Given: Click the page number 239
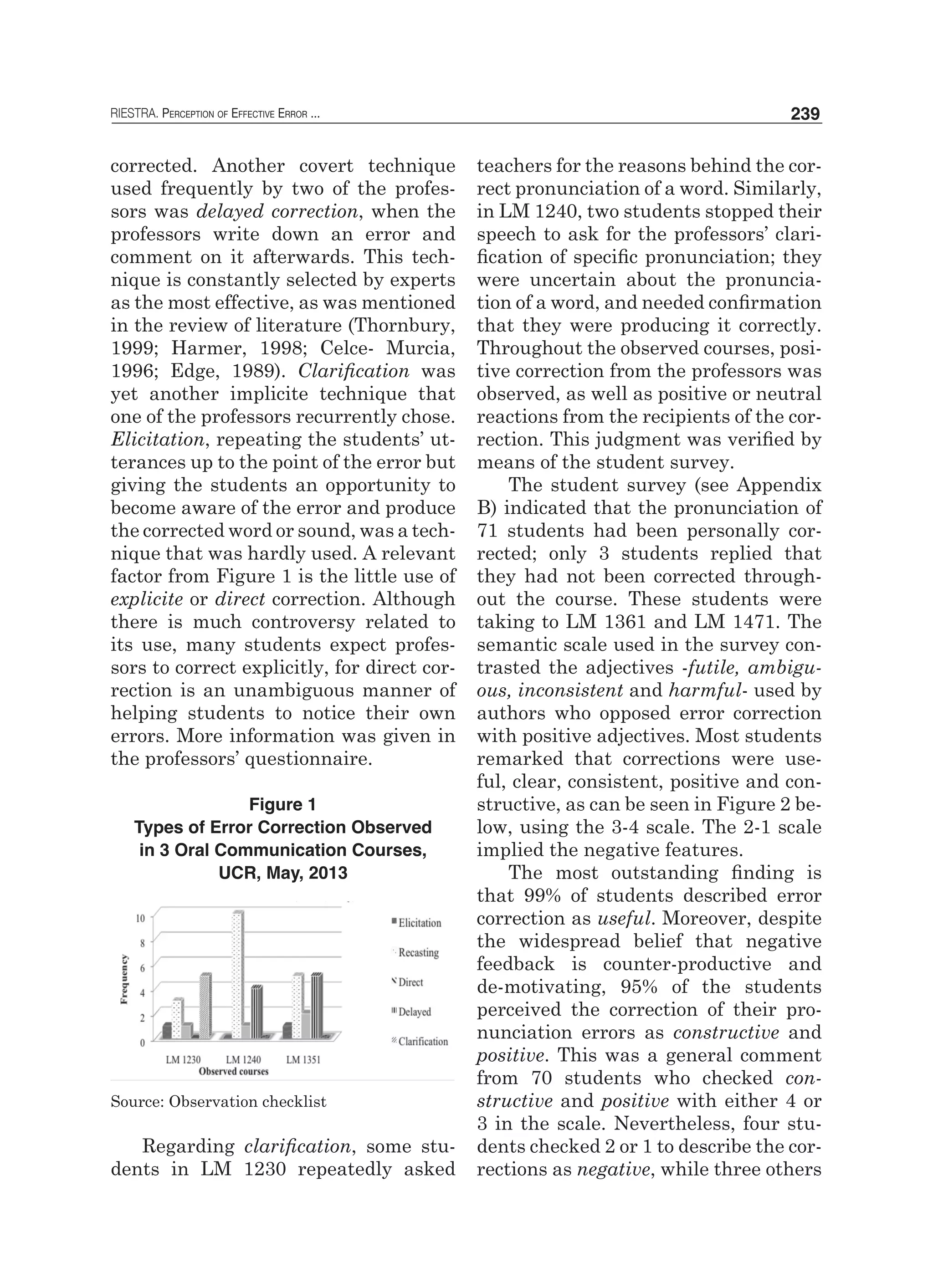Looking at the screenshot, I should pyautogui.click(x=805, y=114).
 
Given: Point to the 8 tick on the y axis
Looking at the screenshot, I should pyautogui.click(x=142, y=943).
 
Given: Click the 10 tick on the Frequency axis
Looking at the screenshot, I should pyautogui.click(x=140, y=919).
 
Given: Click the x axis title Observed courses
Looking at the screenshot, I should pyautogui.click(x=234, y=1071).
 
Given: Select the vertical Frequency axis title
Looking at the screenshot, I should pyautogui.click(x=124, y=979).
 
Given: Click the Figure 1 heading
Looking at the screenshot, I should pyautogui.click(x=282, y=804).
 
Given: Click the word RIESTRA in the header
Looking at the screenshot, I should pyautogui.click(x=134, y=115).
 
